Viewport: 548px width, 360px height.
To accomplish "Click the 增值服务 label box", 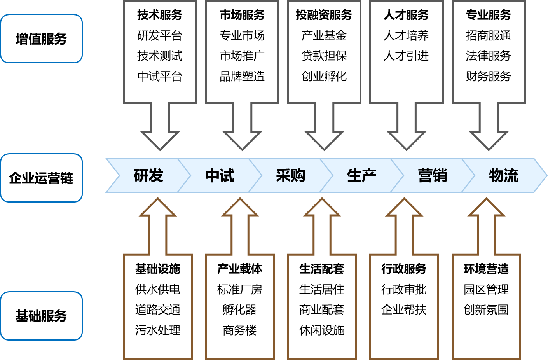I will click(x=41, y=39).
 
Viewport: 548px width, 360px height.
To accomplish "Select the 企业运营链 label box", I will click(x=41, y=178).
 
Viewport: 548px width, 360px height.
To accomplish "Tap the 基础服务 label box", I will click(x=41, y=316).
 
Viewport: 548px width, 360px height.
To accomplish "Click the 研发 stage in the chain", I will click(x=148, y=176).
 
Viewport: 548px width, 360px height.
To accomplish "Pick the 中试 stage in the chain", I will click(x=220, y=176).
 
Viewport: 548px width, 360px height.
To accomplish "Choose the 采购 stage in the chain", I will click(x=290, y=176).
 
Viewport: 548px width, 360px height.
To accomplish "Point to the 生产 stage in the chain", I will click(x=361, y=176).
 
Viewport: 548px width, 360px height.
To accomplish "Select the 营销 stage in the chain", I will click(x=433, y=176).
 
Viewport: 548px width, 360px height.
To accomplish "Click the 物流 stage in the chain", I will click(x=504, y=176).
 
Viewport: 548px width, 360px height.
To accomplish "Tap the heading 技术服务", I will click(x=160, y=15).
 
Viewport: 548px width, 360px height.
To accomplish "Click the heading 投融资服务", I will click(x=324, y=15).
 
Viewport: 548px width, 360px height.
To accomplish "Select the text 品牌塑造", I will click(x=242, y=76).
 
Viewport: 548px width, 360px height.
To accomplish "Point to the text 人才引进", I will click(x=406, y=56).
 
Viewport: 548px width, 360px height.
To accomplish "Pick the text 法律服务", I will click(x=488, y=56).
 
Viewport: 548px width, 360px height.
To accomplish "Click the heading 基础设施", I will click(x=158, y=269).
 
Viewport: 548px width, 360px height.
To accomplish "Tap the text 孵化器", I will click(x=240, y=310).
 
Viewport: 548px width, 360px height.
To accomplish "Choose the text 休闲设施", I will click(x=322, y=330).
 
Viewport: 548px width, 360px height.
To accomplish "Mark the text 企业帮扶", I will click(x=404, y=310).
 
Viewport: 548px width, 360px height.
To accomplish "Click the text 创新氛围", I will click(x=486, y=310).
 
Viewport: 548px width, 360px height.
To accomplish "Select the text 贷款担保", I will click(x=324, y=56).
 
